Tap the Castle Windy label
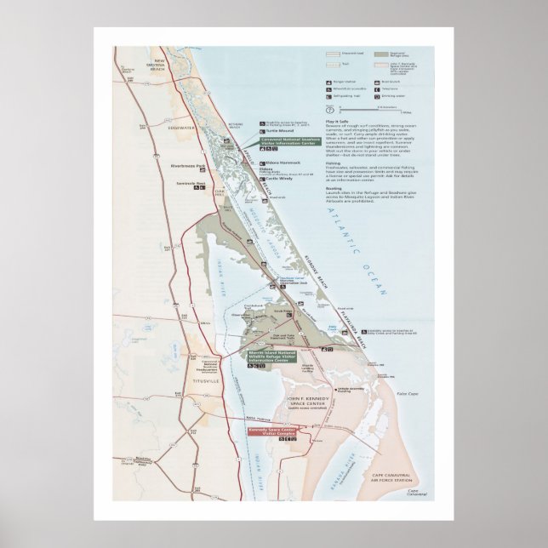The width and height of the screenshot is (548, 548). tap(280, 179)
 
